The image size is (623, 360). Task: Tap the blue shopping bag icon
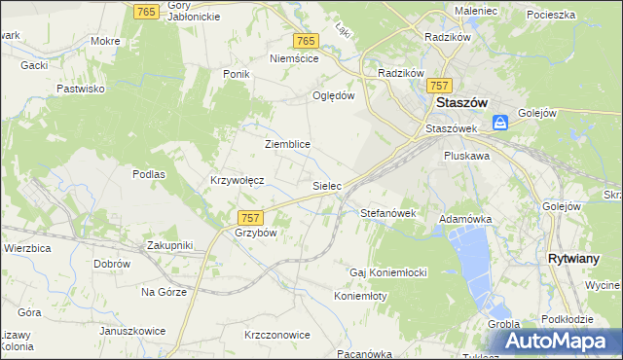point(499,123)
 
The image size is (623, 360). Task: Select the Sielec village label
point(326,184)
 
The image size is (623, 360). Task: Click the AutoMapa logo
point(563,341)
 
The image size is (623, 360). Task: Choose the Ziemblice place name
point(287,144)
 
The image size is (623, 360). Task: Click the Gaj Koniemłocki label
point(389,271)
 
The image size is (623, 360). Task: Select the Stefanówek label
point(388,212)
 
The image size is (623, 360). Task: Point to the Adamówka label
point(465,220)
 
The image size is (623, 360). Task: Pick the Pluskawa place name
point(465,155)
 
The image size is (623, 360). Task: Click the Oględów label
point(332,95)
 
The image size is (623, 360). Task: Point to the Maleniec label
point(475,11)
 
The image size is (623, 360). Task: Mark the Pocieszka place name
point(551,16)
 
